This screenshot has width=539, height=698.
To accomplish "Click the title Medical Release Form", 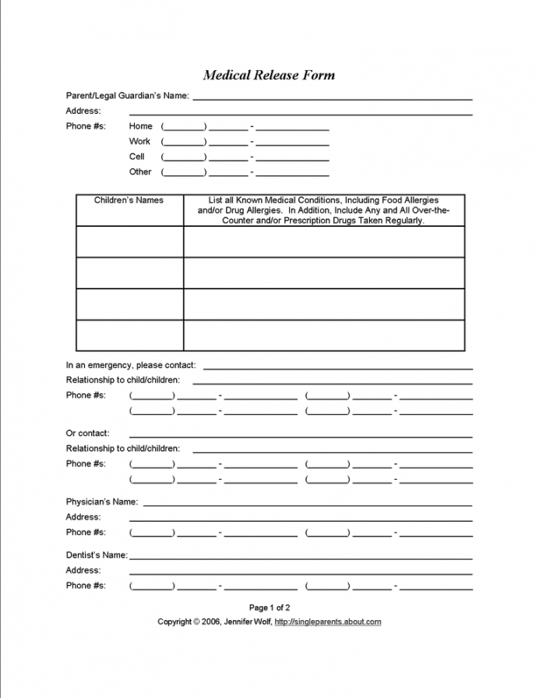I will click(269, 75).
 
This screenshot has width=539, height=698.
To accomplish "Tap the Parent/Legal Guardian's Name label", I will click(127, 95).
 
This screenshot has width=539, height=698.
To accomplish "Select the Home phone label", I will click(141, 126).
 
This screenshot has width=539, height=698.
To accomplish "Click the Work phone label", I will click(140, 141).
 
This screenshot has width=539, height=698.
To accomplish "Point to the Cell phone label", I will click(137, 156).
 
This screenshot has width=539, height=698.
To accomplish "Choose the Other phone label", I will click(140, 172).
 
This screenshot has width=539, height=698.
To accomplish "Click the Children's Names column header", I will click(129, 200).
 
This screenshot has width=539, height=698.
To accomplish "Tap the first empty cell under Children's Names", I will click(129, 242).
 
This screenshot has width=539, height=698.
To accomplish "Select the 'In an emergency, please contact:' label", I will click(131, 365).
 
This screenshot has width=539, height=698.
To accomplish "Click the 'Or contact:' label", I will click(87, 433).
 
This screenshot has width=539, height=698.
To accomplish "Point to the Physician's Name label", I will click(101, 501).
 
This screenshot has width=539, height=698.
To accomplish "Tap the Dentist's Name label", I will click(96, 555).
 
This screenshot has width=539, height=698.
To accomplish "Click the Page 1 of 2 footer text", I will click(269, 607).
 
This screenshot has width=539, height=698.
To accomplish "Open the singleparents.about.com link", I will click(328, 622).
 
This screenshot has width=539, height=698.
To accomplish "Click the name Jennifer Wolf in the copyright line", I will click(247, 622).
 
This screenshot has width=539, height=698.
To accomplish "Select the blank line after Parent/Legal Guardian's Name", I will click(333, 98).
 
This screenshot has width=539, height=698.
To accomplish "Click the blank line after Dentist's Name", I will click(301, 558).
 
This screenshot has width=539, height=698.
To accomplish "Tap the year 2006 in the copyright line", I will click(210, 622).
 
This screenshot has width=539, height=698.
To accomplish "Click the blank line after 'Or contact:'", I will click(301, 436).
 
